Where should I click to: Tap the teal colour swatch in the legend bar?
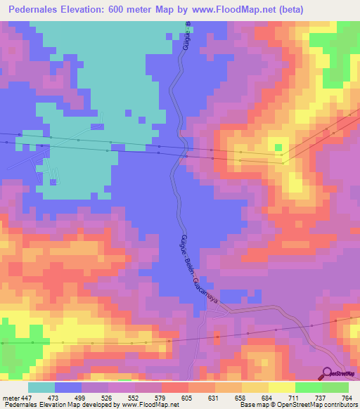[x=41, y=387]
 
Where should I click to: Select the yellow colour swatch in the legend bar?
[x=281, y=387]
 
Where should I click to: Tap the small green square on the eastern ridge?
[x=279, y=148]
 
